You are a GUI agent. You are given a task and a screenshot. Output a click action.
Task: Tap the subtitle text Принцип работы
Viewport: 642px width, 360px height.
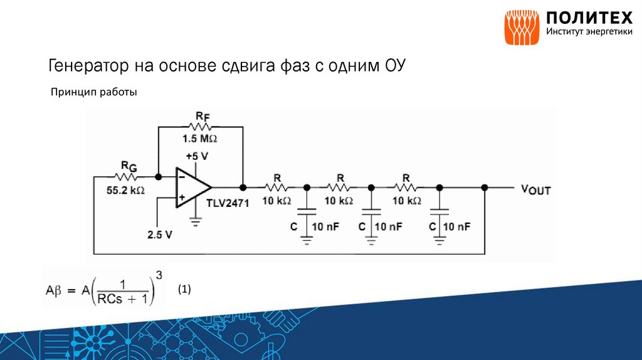pyautogui.click(x=93, y=92)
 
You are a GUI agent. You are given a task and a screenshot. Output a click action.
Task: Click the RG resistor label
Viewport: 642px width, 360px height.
pyautogui.click(x=129, y=166)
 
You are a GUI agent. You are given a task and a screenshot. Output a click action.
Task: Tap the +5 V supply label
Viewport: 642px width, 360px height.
pyautogui.click(x=196, y=155)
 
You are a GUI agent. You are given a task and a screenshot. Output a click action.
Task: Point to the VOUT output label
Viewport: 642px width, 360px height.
pyautogui.click(x=535, y=188)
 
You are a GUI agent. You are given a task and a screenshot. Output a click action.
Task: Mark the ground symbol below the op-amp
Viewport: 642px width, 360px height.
pyautogui.click(x=196, y=221)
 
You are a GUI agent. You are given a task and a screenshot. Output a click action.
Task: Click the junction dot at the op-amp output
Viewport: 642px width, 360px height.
pyautogui.click(x=243, y=187)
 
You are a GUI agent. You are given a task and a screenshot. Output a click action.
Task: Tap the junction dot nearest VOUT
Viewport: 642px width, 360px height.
pyautogui.click(x=484, y=187)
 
